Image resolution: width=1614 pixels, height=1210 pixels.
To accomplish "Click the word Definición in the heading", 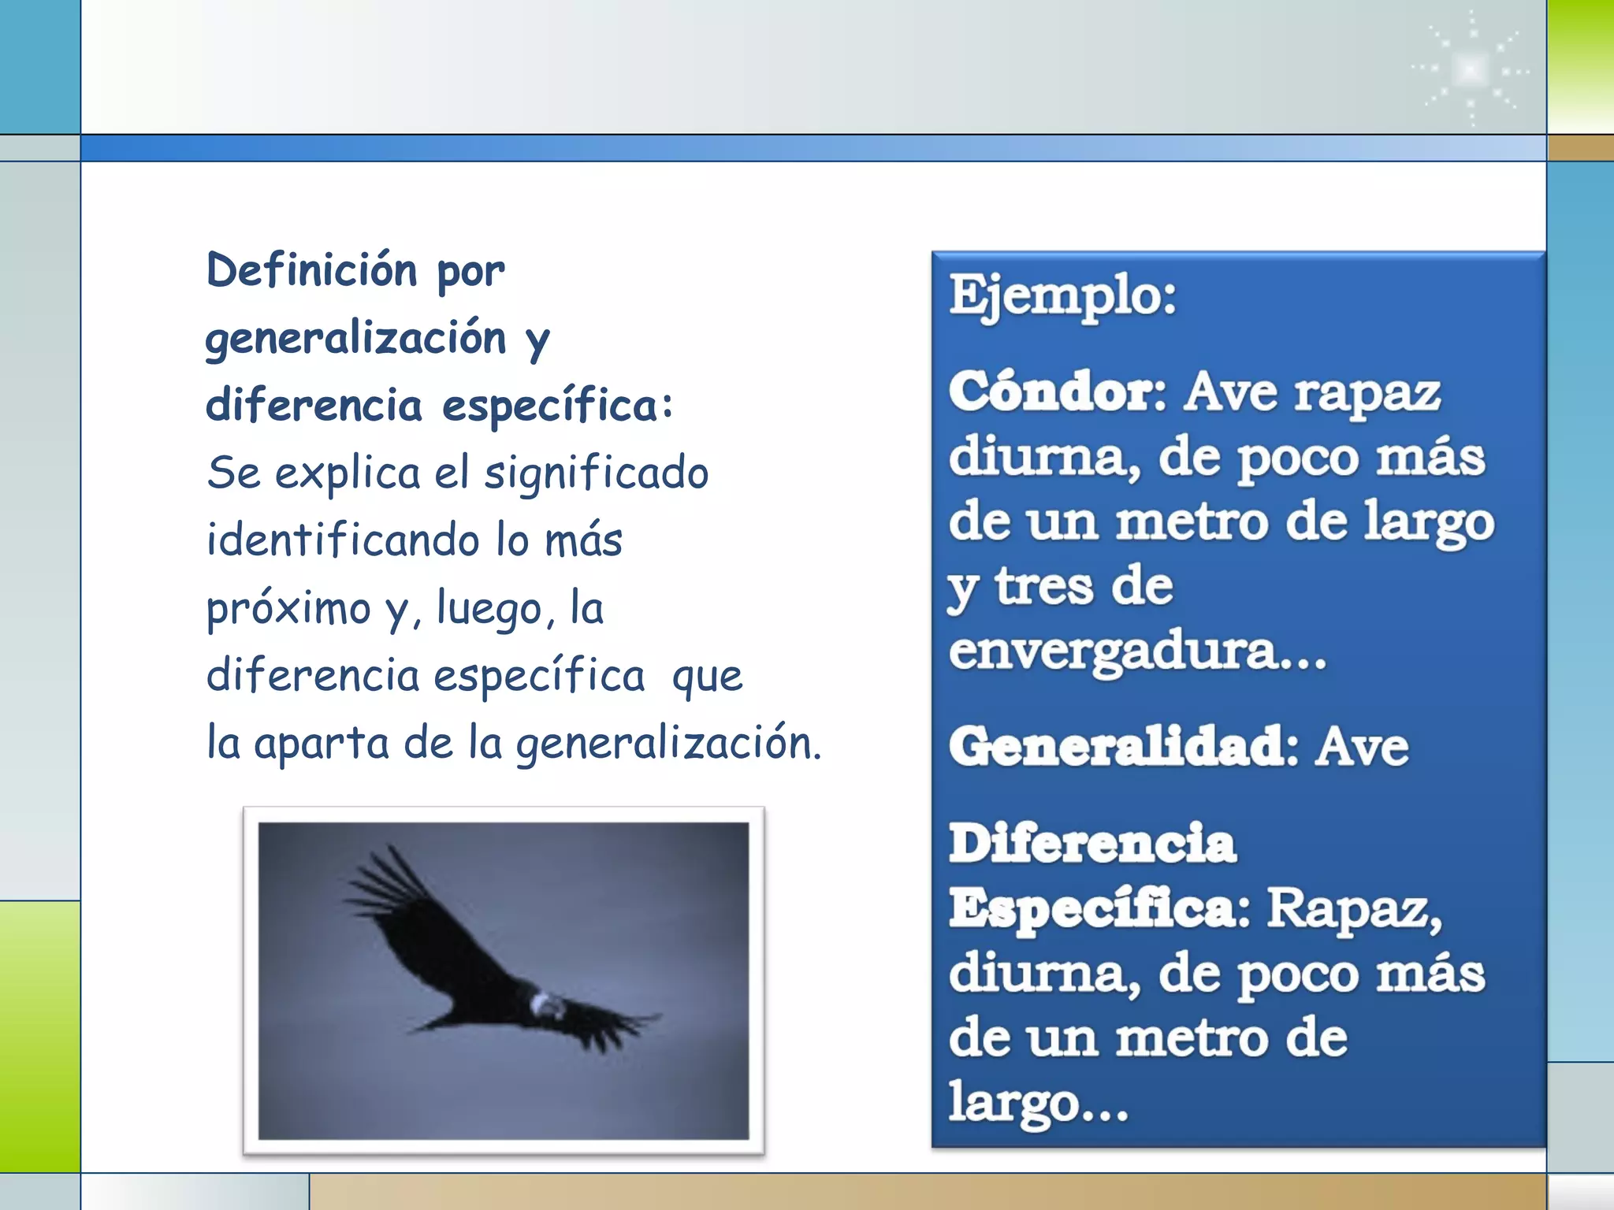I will tap(311, 270).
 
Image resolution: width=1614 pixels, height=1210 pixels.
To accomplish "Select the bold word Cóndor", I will tap(1056, 392).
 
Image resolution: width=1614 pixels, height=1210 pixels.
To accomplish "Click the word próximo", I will tap(288, 608).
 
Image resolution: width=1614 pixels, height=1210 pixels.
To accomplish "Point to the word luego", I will tap(489, 608).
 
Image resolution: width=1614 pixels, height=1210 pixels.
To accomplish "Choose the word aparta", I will tap(322, 744).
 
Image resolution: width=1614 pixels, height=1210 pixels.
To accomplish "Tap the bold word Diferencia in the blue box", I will tap(1092, 844).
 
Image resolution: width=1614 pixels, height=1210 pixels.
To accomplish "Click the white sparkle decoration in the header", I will tap(1471, 69).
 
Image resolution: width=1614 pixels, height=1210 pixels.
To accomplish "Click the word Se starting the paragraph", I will tap(233, 473).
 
